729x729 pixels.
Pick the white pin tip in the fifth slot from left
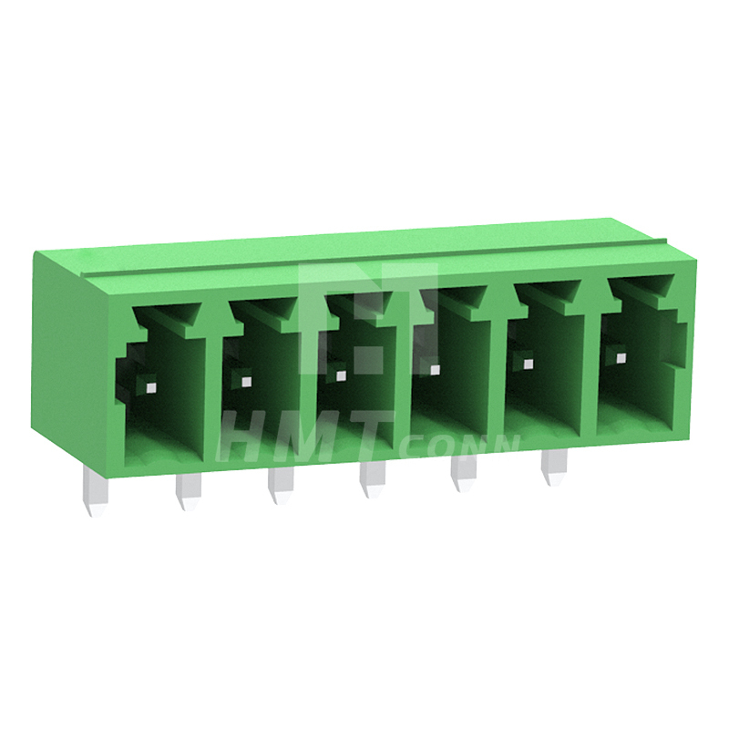(528, 363)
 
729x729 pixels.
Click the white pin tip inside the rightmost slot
(621, 358)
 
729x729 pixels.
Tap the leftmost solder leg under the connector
(96, 492)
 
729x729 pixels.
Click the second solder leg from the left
(189, 492)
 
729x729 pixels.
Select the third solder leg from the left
(281, 486)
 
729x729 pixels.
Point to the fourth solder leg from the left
(372, 480)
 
